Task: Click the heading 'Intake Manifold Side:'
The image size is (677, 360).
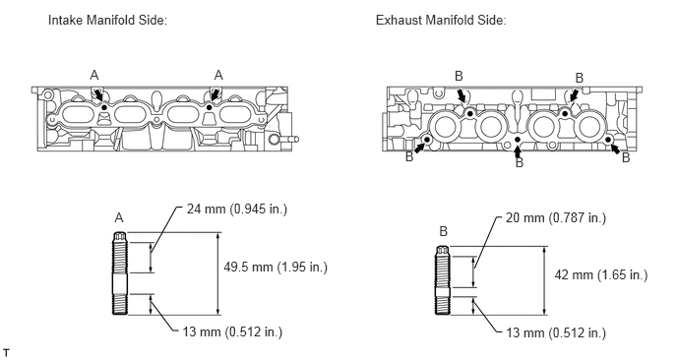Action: [x=107, y=20]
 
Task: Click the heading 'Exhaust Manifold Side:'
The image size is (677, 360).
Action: [x=440, y=20]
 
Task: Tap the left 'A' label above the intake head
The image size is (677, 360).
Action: [x=94, y=74]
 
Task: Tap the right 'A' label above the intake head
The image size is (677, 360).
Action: [x=218, y=74]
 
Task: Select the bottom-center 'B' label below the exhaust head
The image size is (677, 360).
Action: [x=519, y=162]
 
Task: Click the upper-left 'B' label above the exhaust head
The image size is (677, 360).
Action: [x=459, y=76]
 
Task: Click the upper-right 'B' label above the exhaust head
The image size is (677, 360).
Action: [x=579, y=77]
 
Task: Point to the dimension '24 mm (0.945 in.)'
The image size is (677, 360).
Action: [x=235, y=210]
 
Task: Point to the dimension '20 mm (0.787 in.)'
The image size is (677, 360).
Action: [x=555, y=216]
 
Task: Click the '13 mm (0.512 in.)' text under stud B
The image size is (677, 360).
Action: [x=554, y=332]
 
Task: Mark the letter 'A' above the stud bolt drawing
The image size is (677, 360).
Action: [x=120, y=216]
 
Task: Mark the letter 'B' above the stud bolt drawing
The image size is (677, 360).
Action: [x=444, y=230]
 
